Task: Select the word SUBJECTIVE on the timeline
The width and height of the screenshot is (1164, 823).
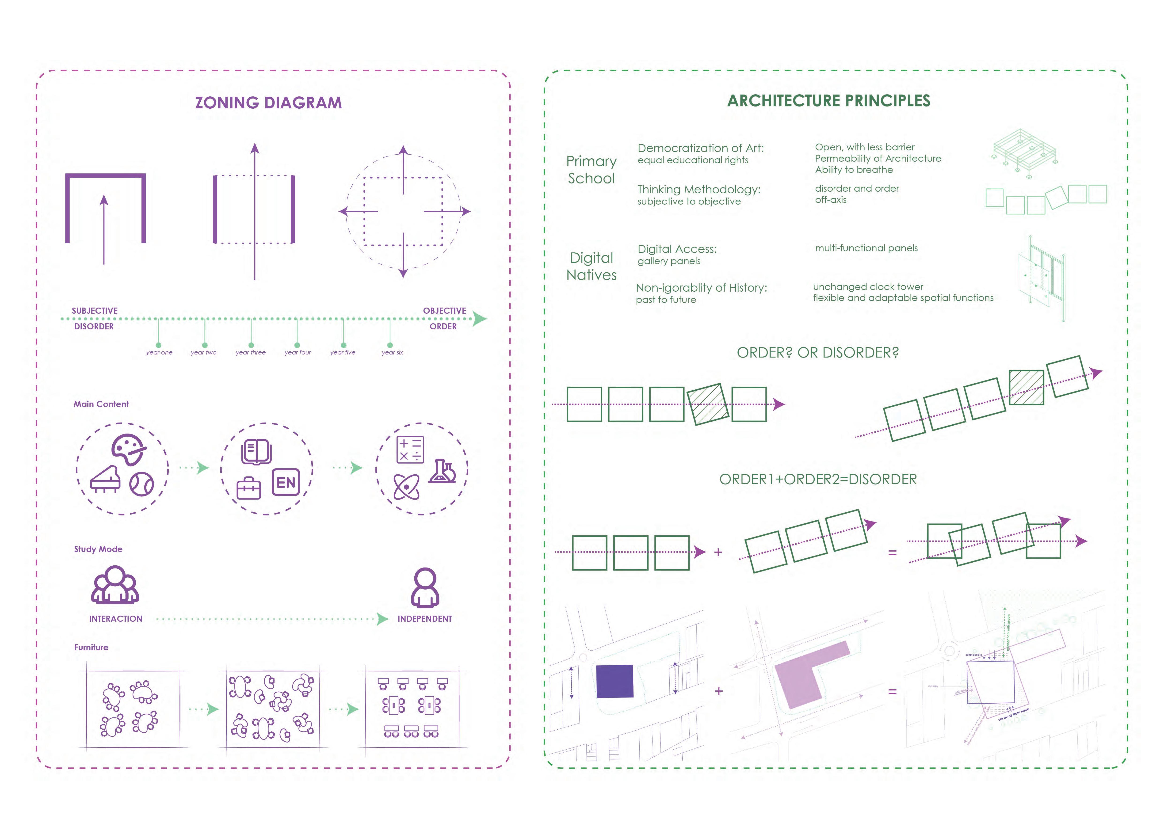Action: pyautogui.click(x=95, y=311)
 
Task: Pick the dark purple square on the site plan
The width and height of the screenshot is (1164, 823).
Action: pyautogui.click(x=614, y=681)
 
